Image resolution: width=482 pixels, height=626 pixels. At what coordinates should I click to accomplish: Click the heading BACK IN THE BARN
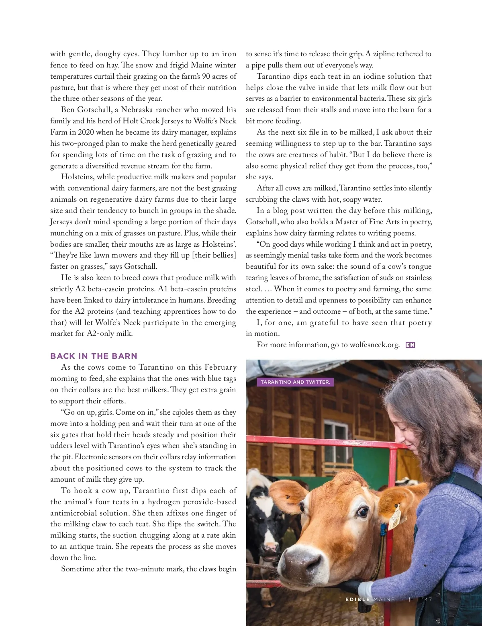(x=94, y=356)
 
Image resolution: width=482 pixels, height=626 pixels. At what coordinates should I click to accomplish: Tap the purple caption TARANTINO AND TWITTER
(x=295, y=382)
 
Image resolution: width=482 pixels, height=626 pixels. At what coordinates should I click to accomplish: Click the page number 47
(x=428, y=599)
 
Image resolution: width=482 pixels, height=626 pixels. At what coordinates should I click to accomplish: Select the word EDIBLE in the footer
(x=357, y=599)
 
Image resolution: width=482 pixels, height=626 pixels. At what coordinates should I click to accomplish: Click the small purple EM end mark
(x=410, y=345)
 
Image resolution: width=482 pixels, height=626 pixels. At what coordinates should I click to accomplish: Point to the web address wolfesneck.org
(x=374, y=345)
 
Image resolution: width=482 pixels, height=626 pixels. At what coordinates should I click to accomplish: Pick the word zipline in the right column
(x=384, y=54)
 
